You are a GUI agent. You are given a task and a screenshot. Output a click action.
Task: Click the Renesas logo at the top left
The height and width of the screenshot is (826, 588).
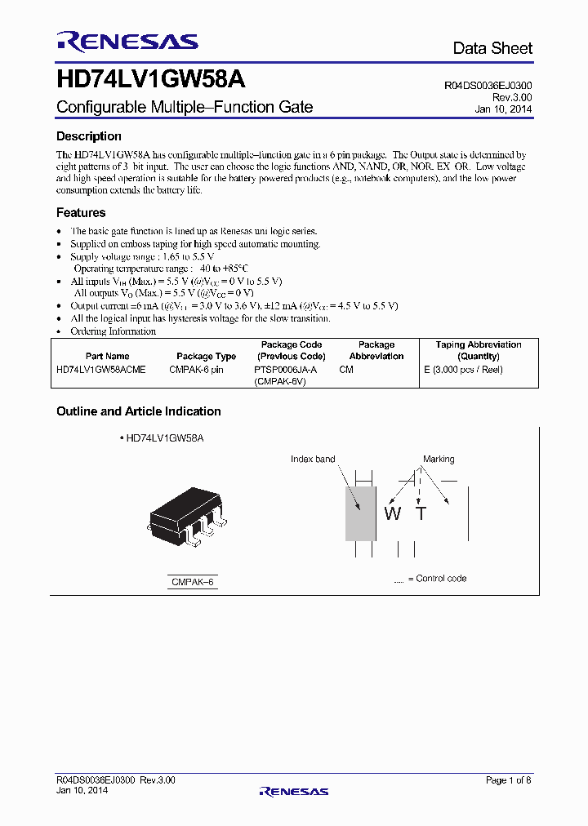[x=127, y=42]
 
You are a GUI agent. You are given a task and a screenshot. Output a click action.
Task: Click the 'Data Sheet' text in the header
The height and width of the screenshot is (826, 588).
[x=492, y=49]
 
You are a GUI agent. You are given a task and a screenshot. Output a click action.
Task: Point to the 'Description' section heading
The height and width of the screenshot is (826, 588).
[x=89, y=136]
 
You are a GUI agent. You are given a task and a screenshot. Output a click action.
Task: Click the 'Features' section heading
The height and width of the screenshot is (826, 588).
[x=81, y=213]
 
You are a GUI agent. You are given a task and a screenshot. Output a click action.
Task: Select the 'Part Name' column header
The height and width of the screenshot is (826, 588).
[x=107, y=356]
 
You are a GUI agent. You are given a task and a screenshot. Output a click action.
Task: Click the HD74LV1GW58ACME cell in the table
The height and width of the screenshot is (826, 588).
[x=101, y=370]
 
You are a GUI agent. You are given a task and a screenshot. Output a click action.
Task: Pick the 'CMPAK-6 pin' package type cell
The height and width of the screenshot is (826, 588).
[x=196, y=370]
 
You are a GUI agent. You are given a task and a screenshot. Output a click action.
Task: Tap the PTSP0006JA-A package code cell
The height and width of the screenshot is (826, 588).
[x=286, y=370]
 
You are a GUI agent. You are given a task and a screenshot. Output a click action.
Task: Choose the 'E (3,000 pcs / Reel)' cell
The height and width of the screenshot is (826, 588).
[x=464, y=370]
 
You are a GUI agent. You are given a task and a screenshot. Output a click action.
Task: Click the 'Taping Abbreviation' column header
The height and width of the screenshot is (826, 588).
[x=479, y=345]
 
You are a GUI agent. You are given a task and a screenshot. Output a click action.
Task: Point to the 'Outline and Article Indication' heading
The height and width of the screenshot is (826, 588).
[x=139, y=411]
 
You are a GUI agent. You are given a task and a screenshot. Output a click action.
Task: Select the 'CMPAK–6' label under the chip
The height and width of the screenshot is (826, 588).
[x=194, y=582]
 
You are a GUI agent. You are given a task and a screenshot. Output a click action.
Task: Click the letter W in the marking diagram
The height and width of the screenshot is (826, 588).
[x=393, y=513]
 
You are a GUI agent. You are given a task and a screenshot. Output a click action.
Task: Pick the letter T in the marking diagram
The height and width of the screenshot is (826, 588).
[x=421, y=513]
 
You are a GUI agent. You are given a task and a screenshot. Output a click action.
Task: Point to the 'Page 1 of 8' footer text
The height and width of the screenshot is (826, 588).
[x=508, y=780]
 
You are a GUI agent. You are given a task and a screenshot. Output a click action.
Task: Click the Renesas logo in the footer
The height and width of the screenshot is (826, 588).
[x=293, y=791]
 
